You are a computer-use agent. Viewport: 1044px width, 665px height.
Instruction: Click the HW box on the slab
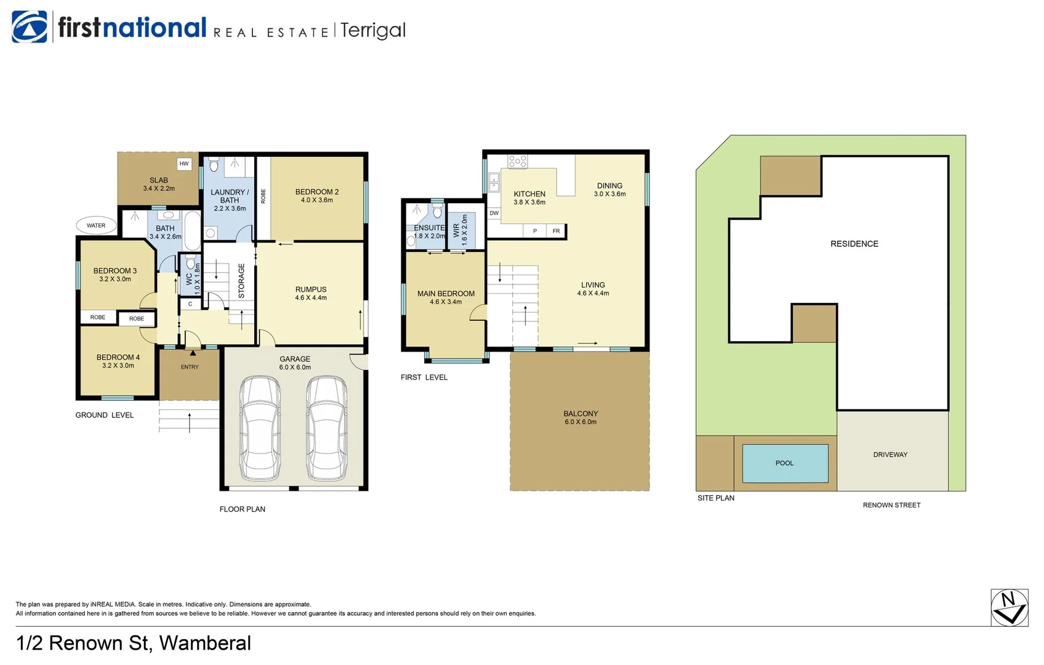(x=184, y=164)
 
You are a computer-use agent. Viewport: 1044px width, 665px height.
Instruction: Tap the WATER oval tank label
(x=96, y=225)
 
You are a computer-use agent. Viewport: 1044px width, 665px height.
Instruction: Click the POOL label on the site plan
(x=785, y=463)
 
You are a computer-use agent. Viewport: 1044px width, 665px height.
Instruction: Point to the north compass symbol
(x=1009, y=608)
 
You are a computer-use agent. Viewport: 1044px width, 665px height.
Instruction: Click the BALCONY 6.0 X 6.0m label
(x=580, y=417)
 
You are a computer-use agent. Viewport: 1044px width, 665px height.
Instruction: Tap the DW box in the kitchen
(x=494, y=213)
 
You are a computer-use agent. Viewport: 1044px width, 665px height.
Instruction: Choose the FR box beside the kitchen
(x=556, y=231)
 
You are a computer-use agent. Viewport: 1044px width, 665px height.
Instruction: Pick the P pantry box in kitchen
(x=535, y=231)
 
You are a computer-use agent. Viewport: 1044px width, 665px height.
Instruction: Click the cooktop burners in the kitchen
(x=517, y=161)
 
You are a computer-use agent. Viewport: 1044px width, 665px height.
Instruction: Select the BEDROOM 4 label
(x=118, y=361)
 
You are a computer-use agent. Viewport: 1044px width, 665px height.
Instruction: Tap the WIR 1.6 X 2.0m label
(x=460, y=230)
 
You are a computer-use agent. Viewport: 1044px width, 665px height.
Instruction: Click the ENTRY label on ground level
(x=190, y=367)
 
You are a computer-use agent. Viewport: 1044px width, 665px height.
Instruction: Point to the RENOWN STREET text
(x=891, y=505)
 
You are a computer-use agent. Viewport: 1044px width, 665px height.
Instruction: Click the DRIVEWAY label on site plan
(x=890, y=454)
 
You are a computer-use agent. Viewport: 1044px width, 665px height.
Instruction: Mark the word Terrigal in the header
(x=373, y=30)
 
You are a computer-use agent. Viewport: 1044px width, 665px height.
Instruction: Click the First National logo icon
(x=30, y=27)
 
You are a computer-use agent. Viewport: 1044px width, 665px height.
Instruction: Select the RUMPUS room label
(x=311, y=293)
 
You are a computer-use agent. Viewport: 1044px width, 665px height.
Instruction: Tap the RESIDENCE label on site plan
(x=854, y=244)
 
